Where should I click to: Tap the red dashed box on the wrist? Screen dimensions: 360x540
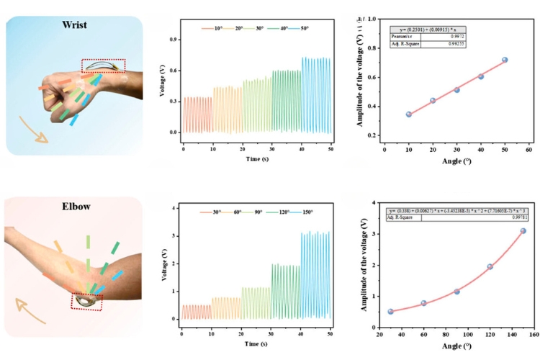pos(103,66)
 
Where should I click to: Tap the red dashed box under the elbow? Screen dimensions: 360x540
pos(86,301)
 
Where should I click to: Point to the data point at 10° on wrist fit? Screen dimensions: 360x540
pos(409,114)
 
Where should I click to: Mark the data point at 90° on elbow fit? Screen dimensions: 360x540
pos(456,292)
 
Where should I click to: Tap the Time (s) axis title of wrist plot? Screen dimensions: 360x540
pos(257,157)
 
